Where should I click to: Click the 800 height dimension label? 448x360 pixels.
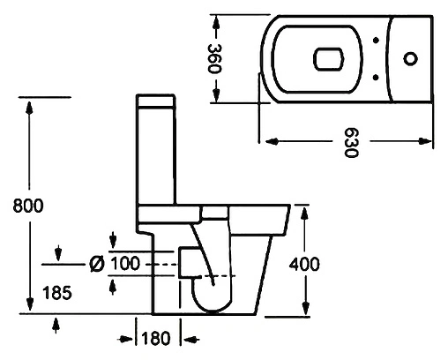(28, 206)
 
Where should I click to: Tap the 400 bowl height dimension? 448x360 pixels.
(304, 264)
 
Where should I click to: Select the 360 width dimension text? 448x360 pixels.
(214, 59)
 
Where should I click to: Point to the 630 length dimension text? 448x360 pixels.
(351, 142)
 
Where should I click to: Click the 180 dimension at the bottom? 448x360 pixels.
(156, 338)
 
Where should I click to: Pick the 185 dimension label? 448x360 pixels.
(57, 293)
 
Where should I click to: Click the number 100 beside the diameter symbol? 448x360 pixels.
(125, 263)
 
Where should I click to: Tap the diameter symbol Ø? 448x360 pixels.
(97, 264)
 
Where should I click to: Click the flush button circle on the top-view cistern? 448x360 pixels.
(410, 58)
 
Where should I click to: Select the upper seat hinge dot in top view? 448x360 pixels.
(376, 40)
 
